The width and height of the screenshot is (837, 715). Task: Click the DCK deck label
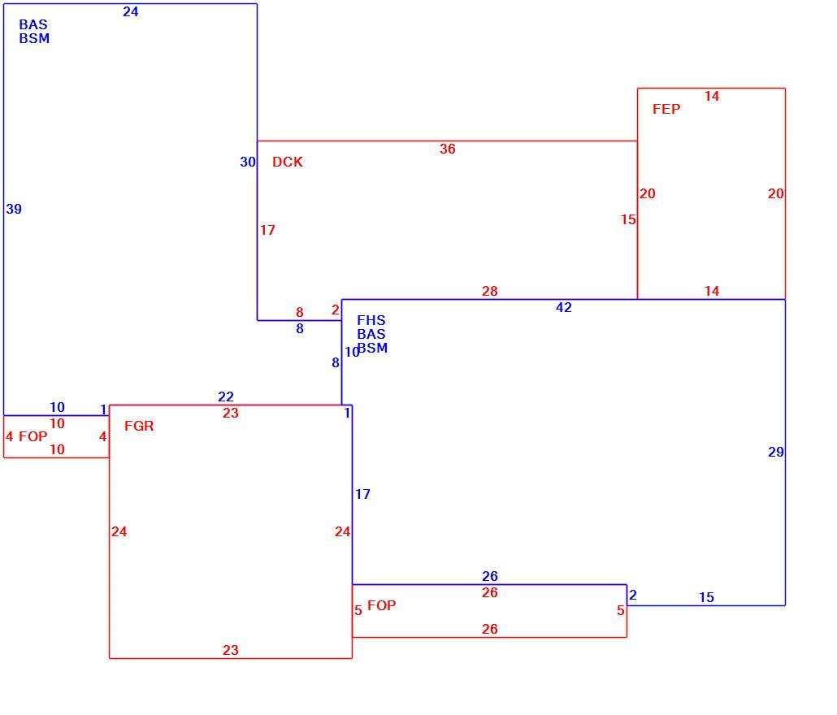pyautogui.click(x=287, y=162)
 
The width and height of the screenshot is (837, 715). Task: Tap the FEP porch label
pyautogui.click(x=666, y=109)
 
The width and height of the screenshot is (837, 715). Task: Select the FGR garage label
pyautogui.click(x=139, y=426)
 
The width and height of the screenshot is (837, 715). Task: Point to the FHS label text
pyautogui.click(x=371, y=320)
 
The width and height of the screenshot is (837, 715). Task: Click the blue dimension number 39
pyautogui.click(x=14, y=209)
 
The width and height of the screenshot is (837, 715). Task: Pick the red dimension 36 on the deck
pyautogui.click(x=447, y=149)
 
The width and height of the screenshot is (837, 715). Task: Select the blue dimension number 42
pyautogui.click(x=564, y=307)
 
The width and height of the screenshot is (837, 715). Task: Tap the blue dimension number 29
pyautogui.click(x=775, y=453)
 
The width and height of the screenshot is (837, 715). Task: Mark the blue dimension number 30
pyautogui.click(x=248, y=162)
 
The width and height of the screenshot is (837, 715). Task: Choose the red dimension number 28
pyautogui.click(x=489, y=292)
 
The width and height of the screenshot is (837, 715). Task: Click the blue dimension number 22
pyautogui.click(x=226, y=397)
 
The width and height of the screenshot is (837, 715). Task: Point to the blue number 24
pyautogui.click(x=131, y=11)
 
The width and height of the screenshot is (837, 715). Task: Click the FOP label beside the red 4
pyautogui.click(x=33, y=436)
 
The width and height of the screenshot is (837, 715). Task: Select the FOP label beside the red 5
pyautogui.click(x=382, y=605)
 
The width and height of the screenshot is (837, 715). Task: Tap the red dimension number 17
pyautogui.click(x=267, y=230)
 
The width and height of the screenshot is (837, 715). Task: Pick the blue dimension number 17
pyautogui.click(x=362, y=494)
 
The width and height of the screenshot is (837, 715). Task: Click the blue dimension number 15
pyautogui.click(x=706, y=598)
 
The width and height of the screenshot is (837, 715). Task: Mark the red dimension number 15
pyautogui.click(x=628, y=220)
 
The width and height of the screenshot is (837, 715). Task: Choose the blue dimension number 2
pyautogui.click(x=632, y=595)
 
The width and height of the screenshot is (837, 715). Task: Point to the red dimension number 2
pyautogui.click(x=336, y=310)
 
